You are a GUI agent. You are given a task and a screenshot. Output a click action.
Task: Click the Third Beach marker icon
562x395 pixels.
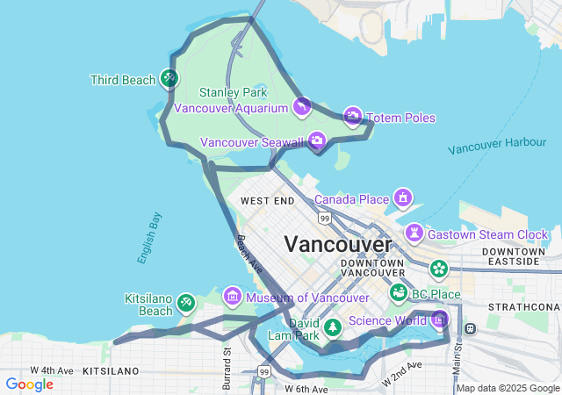169,79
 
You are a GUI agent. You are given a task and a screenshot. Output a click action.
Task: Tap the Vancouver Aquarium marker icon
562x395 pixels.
301,107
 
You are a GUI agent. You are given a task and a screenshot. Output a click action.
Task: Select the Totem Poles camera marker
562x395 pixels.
353,117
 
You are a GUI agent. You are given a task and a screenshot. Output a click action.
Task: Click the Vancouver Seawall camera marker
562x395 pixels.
317,140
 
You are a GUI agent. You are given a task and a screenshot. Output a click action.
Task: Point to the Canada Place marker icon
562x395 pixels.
403,197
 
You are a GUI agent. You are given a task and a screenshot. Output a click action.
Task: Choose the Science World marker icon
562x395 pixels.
440,319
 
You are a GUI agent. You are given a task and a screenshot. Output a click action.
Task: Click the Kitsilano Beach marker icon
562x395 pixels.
185,304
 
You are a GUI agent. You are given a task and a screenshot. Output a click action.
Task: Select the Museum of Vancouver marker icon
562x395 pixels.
233,296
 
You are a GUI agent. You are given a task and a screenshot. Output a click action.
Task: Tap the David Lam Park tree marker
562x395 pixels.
333,327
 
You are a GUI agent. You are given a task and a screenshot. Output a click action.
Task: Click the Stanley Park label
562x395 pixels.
233,92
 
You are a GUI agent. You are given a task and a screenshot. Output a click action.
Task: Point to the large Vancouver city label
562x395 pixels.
337,243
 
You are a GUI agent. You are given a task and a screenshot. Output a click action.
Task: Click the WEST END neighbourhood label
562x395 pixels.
267,201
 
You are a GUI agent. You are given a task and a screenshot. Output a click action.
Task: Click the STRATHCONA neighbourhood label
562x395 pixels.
530,305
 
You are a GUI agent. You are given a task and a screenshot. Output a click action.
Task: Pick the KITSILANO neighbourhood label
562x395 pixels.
112,371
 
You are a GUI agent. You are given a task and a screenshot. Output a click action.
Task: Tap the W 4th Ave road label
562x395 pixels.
54,370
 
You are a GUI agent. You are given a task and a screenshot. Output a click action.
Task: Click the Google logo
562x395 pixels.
29,384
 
